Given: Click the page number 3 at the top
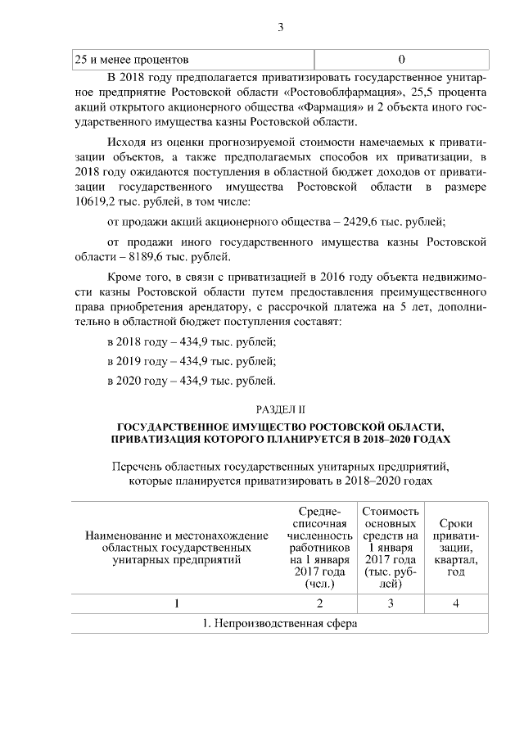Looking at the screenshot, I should tap(280, 27).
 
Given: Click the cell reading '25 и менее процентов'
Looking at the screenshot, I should tap(132, 60).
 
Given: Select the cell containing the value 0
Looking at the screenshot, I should tap(401, 60).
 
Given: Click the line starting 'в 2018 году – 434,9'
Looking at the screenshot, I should tap(192, 341).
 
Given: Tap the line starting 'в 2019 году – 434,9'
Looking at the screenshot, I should tap(192, 360).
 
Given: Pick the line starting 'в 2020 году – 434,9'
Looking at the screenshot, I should tap(192, 380).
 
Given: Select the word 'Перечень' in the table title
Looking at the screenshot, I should tap(136, 467).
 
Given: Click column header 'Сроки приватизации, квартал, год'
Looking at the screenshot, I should tap(455, 547).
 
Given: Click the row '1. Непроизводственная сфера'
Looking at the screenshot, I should tap(280, 623).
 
